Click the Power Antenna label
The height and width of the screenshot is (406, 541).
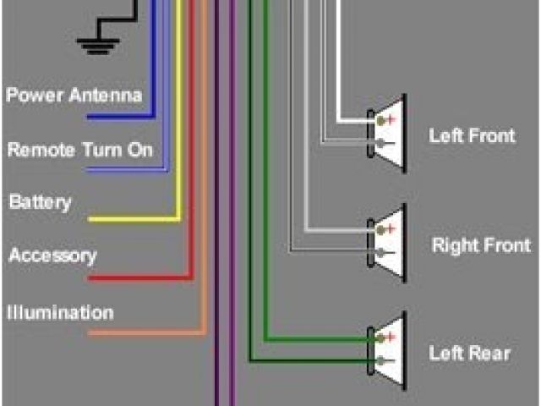click(x=74, y=95)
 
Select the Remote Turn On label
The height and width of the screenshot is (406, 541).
click(x=80, y=151)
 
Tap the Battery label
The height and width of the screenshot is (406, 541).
click(x=40, y=203)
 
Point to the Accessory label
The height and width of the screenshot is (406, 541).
click(x=52, y=255)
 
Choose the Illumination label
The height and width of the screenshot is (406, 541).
click(x=60, y=313)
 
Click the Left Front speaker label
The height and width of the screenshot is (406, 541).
click(x=472, y=135)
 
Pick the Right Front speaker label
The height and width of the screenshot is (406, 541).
click(x=480, y=246)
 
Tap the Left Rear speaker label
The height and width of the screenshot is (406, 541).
click(x=469, y=353)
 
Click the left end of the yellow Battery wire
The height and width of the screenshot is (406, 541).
click(x=90, y=220)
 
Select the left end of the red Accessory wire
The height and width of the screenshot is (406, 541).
click(x=90, y=277)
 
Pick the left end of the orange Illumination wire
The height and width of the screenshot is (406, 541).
click(x=90, y=333)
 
